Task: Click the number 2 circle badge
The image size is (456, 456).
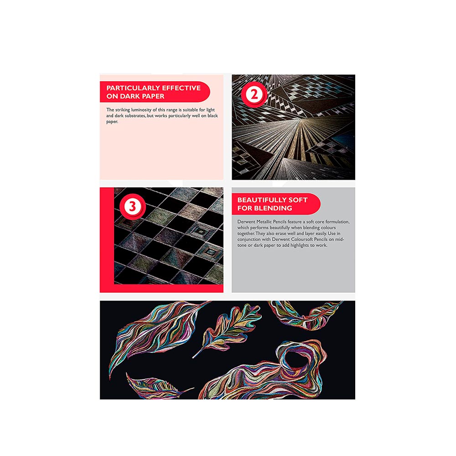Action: pos(254,94)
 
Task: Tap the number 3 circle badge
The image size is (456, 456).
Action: pos(132,206)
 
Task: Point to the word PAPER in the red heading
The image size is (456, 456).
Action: pos(153,96)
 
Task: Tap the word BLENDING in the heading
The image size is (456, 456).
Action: pos(274,208)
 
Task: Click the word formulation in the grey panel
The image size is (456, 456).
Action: pos(337,222)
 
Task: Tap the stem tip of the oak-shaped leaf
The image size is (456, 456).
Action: pos(193,358)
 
